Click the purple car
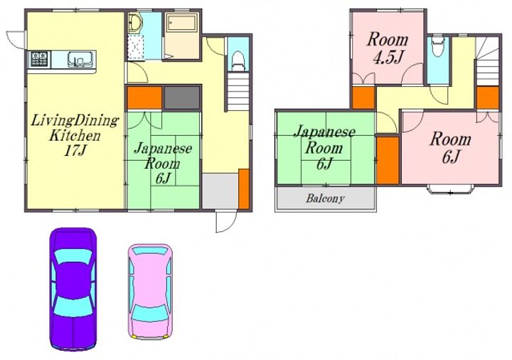click(73, 289)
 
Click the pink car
click(150, 292)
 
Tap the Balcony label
click(325, 198)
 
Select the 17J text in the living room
click(75, 150)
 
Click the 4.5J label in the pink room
click(388, 57)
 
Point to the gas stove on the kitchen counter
click(40, 59)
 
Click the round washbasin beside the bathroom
click(134, 23)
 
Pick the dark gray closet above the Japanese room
click(181, 97)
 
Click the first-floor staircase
click(238, 92)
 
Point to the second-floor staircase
click(487, 61)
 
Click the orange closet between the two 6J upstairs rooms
click(388, 160)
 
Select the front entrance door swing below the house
click(226, 222)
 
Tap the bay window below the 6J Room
click(450, 189)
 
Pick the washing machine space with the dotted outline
click(135, 48)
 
